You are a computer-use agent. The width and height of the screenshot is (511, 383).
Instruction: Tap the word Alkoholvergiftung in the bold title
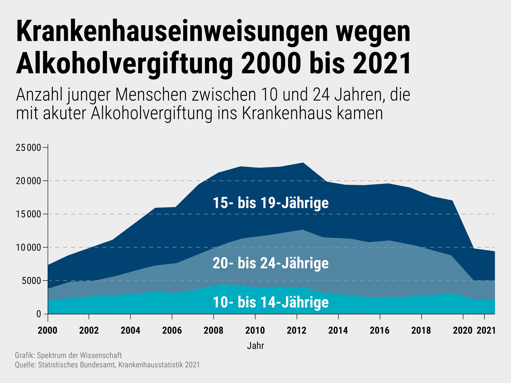click(x=124, y=63)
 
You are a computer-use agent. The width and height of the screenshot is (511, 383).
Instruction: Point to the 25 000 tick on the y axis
click(x=28, y=148)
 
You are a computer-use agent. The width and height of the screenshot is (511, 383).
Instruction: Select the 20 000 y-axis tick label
click(x=28, y=181)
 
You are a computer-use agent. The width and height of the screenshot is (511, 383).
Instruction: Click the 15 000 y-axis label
click(x=28, y=214)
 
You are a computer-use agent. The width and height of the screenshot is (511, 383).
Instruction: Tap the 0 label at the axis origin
click(x=39, y=314)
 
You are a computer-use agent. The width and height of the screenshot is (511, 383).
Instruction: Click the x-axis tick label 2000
click(x=48, y=330)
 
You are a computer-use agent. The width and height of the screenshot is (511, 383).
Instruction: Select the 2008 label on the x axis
click(x=213, y=330)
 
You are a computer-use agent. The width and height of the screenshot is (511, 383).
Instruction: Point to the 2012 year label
click(x=296, y=330)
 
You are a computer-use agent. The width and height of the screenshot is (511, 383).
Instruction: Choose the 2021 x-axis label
click(x=486, y=330)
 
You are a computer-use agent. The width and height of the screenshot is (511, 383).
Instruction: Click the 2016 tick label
click(x=379, y=330)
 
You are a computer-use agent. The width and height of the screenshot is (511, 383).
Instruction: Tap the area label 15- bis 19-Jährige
click(x=271, y=203)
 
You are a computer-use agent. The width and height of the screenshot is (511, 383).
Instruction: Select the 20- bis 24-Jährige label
click(x=271, y=263)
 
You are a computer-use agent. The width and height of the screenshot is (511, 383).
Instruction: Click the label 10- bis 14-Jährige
click(x=271, y=302)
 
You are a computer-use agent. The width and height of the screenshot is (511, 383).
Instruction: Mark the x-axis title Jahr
click(x=255, y=346)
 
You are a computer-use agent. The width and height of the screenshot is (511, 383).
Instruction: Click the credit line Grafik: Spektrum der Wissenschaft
click(x=68, y=355)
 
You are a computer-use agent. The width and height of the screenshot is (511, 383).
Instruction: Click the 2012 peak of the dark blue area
click(x=303, y=163)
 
